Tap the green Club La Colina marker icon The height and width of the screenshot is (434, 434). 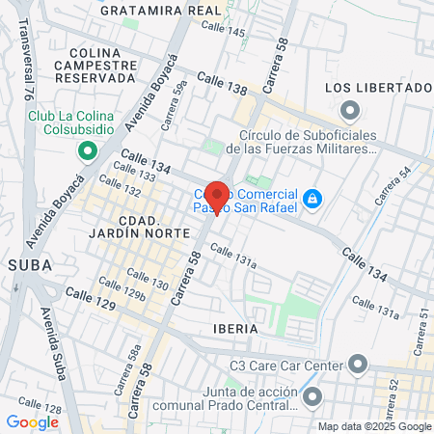(x=87, y=151)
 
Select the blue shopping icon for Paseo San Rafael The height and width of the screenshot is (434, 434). (x=312, y=199)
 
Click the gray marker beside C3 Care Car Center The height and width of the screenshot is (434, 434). (x=359, y=365)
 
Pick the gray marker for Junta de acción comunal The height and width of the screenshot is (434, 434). (x=312, y=396)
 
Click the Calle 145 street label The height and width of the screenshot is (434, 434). (x=222, y=32)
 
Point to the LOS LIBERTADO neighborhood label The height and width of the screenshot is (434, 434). (x=376, y=88)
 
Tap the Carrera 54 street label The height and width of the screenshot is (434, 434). (x=390, y=183)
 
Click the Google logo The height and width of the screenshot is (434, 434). (x=32, y=421)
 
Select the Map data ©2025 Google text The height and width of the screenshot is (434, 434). (x=375, y=426)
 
